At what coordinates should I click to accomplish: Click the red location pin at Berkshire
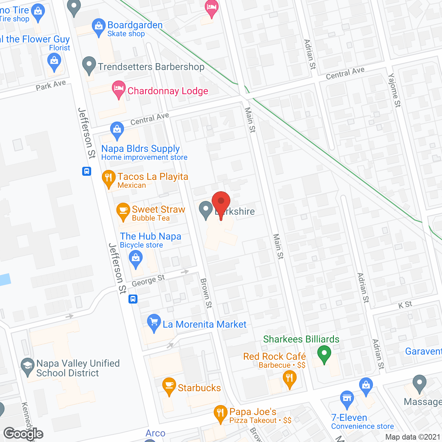(x=221, y=202)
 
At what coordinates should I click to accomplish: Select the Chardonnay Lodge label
(x=168, y=91)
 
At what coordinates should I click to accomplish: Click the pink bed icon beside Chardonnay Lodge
(x=119, y=88)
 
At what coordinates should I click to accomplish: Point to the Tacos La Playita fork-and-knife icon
(x=109, y=178)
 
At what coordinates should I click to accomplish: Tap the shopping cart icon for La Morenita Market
(x=154, y=322)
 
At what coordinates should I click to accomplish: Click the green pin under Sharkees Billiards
(x=324, y=354)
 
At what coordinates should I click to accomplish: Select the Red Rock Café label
(x=274, y=356)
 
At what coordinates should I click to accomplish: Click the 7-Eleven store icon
(x=347, y=398)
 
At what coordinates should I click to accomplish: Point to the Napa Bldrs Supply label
(x=141, y=149)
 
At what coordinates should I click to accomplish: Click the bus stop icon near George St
(x=133, y=299)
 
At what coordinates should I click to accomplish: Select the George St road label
(x=148, y=281)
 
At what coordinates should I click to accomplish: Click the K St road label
(x=405, y=305)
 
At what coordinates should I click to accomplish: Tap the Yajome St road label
(x=394, y=90)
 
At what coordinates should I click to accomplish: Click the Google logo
(x=23, y=434)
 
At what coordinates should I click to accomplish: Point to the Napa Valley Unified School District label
(x=78, y=368)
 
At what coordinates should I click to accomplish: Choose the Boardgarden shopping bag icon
(x=99, y=26)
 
